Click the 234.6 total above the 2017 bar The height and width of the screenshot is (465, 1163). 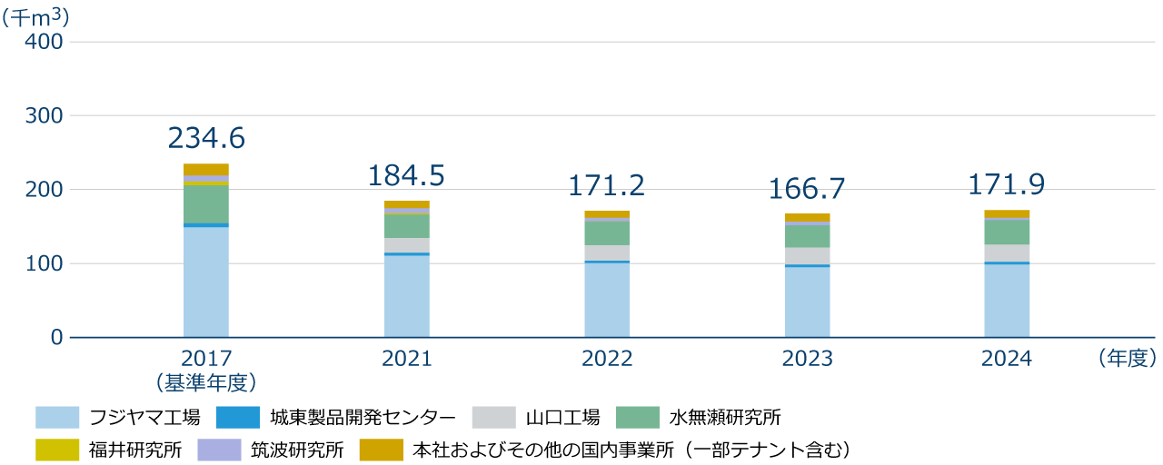pyautogui.click(x=206, y=138)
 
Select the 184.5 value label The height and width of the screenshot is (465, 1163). pyautogui.click(x=406, y=176)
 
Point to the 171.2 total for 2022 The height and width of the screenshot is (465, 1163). pyautogui.click(x=606, y=186)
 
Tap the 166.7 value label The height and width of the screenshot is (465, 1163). pyautogui.click(x=807, y=189)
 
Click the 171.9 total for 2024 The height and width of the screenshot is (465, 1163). pyautogui.click(x=1007, y=185)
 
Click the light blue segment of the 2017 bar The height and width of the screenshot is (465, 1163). pyautogui.click(x=206, y=282)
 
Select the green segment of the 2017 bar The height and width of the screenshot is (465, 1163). pyautogui.click(x=206, y=204)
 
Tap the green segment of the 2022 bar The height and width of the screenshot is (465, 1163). pyautogui.click(x=606, y=233)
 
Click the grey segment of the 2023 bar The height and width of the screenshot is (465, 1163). pyautogui.click(x=807, y=256)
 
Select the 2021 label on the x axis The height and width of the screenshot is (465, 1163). pyautogui.click(x=406, y=359)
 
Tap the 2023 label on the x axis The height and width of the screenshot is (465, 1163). pyautogui.click(x=807, y=359)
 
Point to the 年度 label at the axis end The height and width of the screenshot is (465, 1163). pyautogui.click(x=1127, y=359)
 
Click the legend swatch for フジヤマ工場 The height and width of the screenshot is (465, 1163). pyautogui.click(x=57, y=418)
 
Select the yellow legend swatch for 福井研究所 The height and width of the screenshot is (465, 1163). pyautogui.click(x=57, y=450)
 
